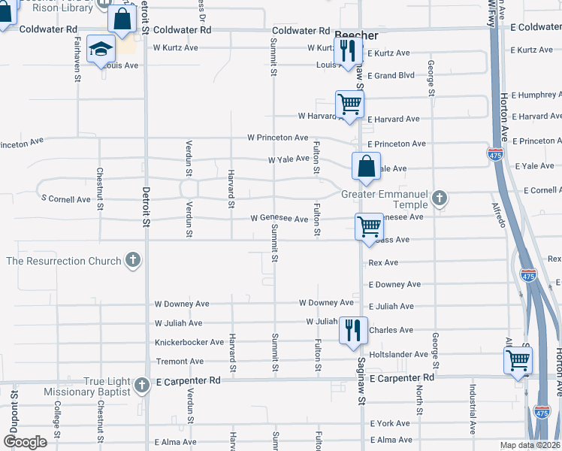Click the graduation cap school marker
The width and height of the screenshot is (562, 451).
[x=101, y=50]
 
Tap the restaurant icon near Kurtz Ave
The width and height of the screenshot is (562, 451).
[x=348, y=50]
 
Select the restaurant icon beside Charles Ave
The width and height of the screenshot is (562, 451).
[x=352, y=330]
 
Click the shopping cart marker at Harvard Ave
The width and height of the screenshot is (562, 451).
[x=349, y=104]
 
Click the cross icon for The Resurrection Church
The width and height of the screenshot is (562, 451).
[x=133, y=261]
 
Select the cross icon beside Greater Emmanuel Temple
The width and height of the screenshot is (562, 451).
[x=440, y=199]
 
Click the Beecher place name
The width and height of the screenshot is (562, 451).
[x=355, y=35]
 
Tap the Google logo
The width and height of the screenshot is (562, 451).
[x=25, y=442]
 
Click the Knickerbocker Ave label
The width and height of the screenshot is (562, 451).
[x=189, y=342]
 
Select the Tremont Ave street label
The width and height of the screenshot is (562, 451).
[x=179, y=362]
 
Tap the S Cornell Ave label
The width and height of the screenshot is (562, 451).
[x=65, y=199]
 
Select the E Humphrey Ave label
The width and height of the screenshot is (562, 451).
[x=536, y=95]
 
